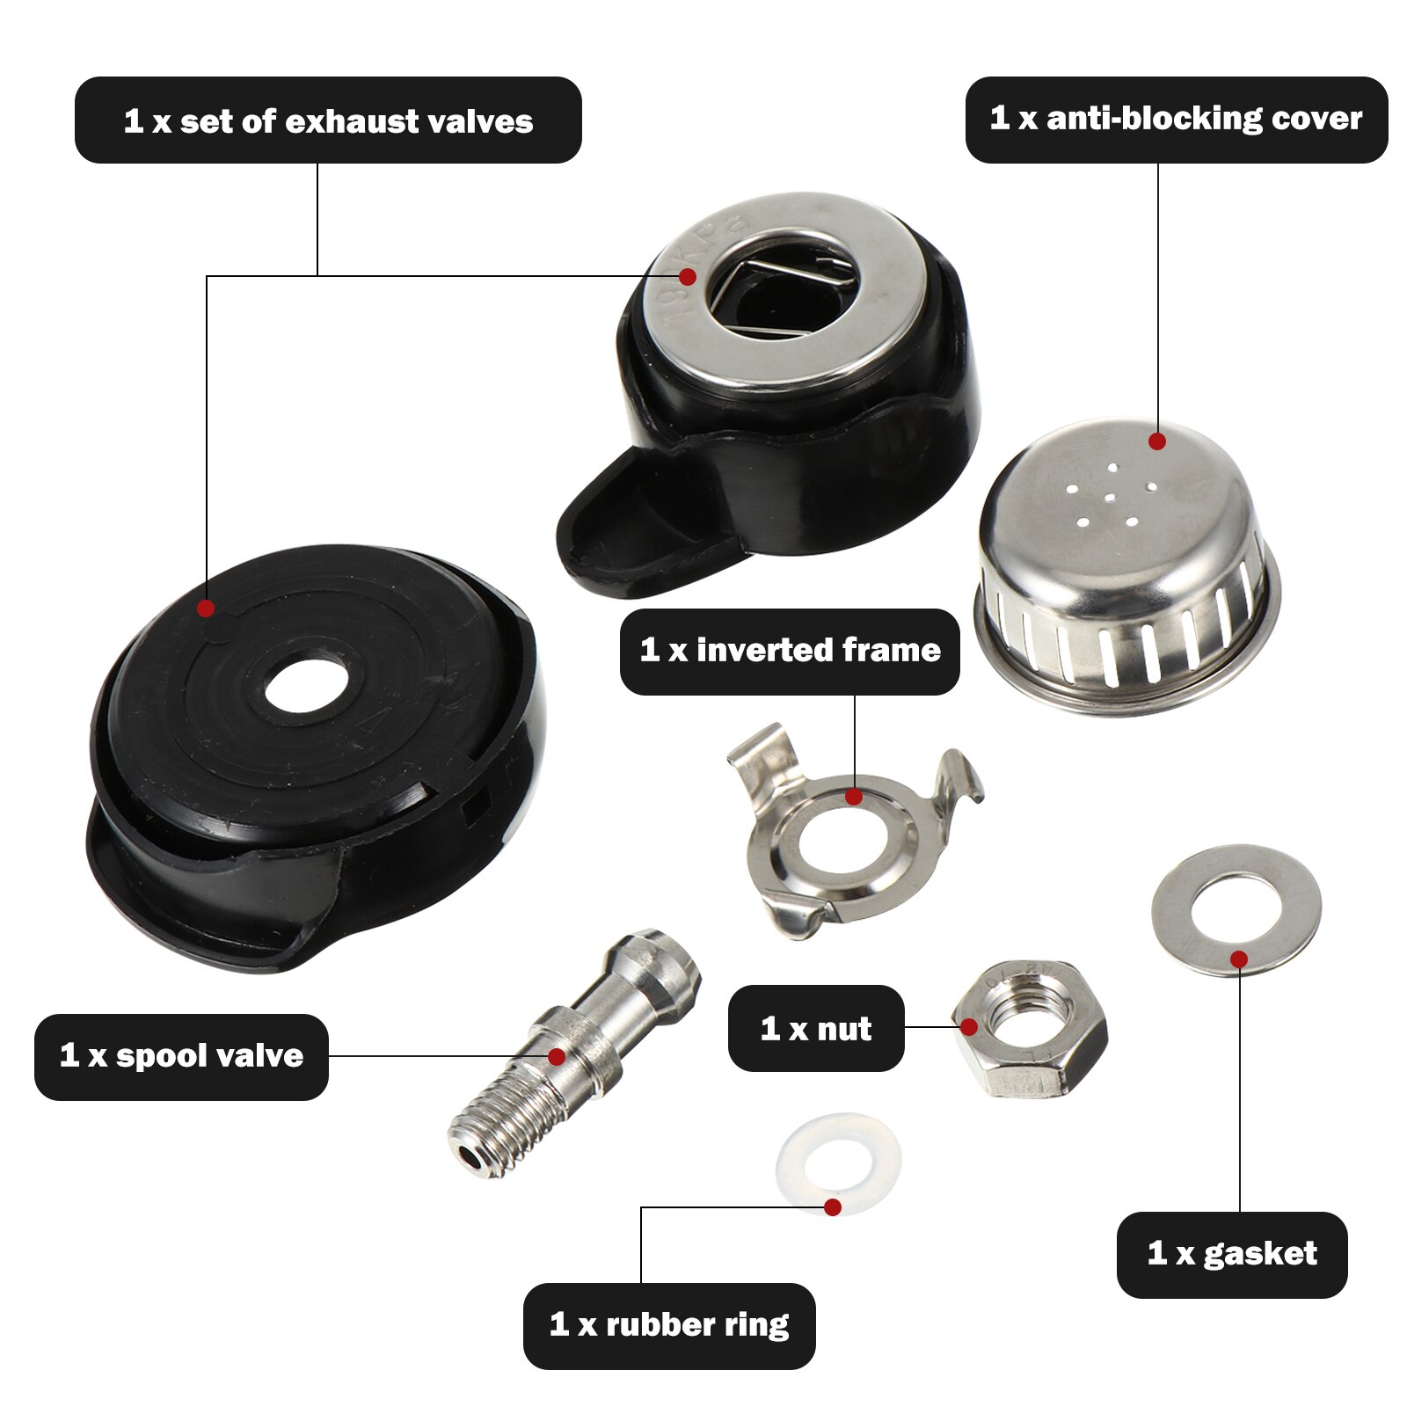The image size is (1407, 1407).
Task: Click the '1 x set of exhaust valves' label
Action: coord(328,120)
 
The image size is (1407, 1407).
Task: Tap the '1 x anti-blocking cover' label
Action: coord(1176,119)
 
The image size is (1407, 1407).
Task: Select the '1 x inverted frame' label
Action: coord(790,651)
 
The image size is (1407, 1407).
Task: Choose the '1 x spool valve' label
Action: coord(181,1055)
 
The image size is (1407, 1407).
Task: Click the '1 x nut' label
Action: coord(816,1028)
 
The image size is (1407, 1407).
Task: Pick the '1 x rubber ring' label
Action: coord(669,1325)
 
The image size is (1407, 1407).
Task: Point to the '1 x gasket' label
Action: coord(1231,1254)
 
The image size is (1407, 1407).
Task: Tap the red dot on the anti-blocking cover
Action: coord(1157,441)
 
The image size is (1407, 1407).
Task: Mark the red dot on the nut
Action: coord(969,1027)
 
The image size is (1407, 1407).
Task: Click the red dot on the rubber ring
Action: coord(833,1207)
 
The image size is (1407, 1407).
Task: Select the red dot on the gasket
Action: coord(1239,959)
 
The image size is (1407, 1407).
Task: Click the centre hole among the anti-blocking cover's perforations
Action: coord(1110,498)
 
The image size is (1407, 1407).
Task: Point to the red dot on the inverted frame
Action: coord(853,798)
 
